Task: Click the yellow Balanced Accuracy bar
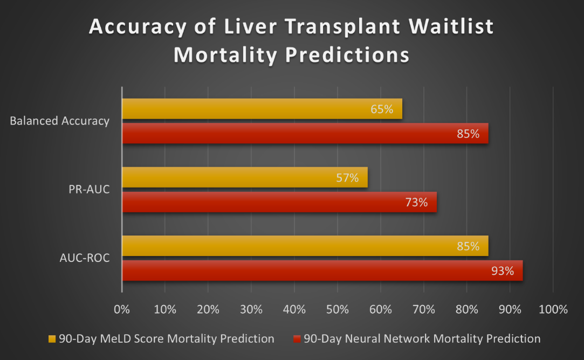(262, 109)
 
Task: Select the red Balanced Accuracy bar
(305, 133)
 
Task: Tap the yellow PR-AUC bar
(245, 177)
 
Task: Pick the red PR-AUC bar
(279, 202)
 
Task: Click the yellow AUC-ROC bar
(305, 246)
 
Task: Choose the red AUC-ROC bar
(322, 271)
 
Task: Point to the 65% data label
(382, 109)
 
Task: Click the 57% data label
(347, 178)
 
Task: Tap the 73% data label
(416, 203)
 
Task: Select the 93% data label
(503, 271)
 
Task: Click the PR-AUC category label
(89, 190)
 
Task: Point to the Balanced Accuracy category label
(59, 121)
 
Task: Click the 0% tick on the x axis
(122, 310)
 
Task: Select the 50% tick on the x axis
(337, 310)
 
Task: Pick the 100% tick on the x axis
(553, 310)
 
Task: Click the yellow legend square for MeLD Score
(52, 339)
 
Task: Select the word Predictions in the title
(346, 55)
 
